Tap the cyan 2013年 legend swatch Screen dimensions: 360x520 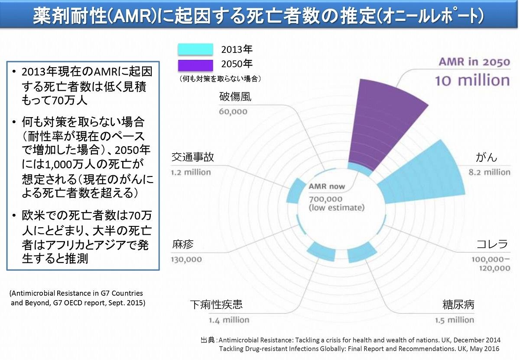pos(195,49)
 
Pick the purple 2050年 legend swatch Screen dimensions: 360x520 pos(195,65)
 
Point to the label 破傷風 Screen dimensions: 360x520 pos(235,96)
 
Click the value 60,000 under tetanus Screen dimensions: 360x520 pos(233,111)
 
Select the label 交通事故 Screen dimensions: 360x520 pos(192,157)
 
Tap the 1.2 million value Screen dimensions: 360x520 pos(191,172)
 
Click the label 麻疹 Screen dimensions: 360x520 pos(182,245)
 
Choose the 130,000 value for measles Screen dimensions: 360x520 pos(186,259)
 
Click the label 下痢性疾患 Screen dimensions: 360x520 pos(216,304)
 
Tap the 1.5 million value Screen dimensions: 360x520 pos(455,320)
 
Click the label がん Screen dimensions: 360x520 pos(487,157)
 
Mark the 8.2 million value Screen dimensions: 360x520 pos(489,172)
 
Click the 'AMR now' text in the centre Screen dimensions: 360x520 pos(327,187)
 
